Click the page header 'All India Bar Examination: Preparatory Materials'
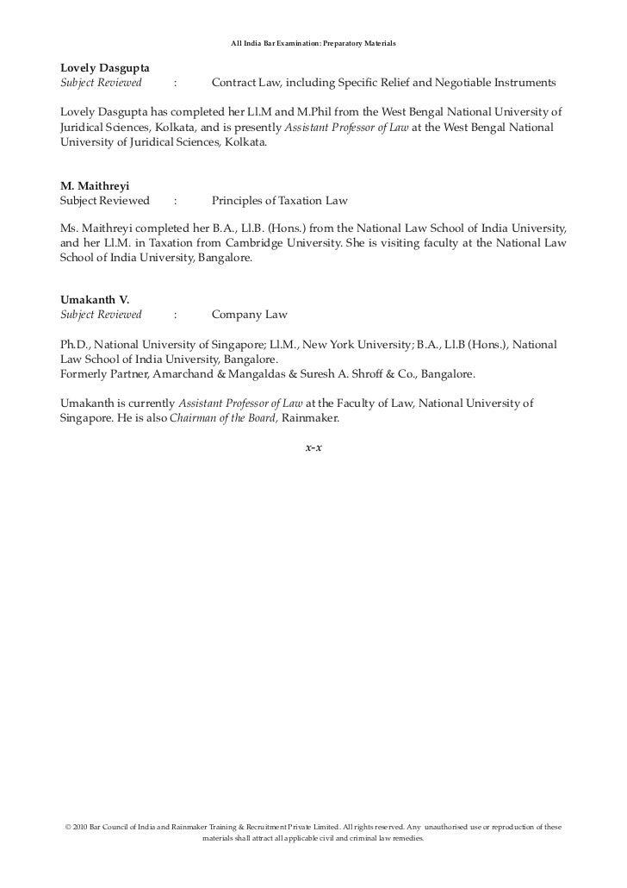point(313,43)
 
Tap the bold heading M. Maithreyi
point(92,184)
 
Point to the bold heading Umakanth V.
point(95,299)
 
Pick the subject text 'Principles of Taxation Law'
point(279,201)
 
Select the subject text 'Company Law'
point(249,315)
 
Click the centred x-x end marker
point(313,448)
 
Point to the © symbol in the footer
point(68,827)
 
